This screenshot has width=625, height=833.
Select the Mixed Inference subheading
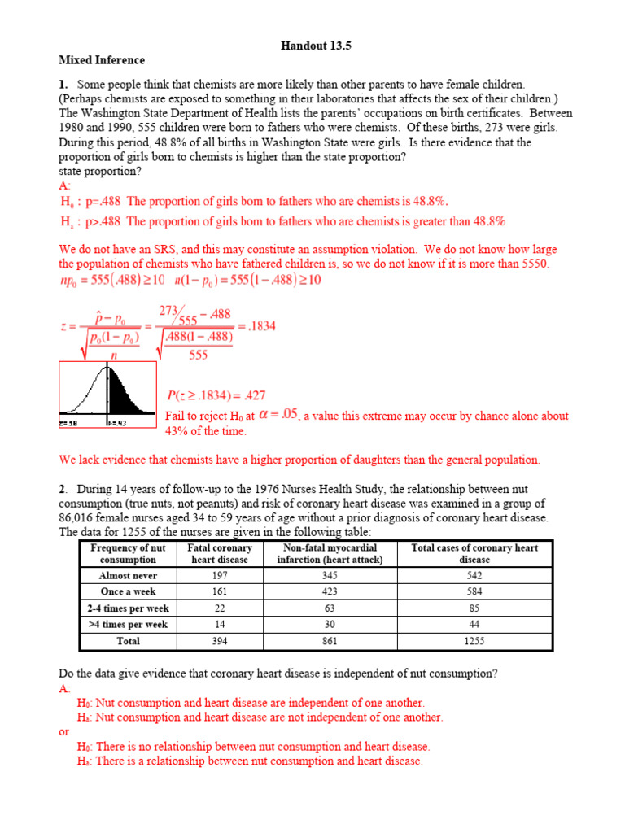102,60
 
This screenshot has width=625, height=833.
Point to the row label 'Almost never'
128,575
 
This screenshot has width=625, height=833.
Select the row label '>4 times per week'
128,625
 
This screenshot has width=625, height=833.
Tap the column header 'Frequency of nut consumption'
128,554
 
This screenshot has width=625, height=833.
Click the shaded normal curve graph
107,395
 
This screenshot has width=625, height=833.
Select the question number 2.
63,489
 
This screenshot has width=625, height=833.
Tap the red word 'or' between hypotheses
64,731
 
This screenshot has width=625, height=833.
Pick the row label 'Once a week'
128,591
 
